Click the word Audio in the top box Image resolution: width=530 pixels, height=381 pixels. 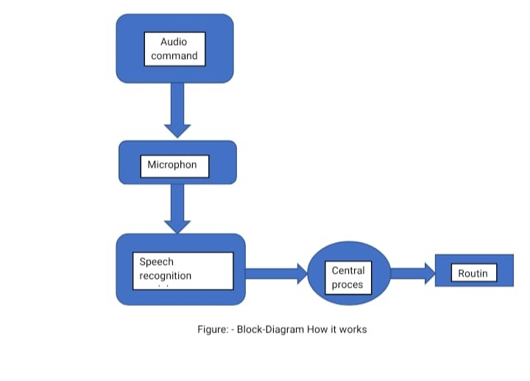point(174,42)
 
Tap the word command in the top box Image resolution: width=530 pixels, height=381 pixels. point(174,56)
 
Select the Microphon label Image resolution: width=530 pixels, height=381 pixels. point(172,165)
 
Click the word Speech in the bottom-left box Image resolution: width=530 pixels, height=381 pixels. point(157,261)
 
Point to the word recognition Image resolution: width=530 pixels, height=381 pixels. point(166,276)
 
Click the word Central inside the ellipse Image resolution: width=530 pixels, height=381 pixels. point(347,270)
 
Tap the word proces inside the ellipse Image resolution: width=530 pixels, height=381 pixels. point(347,285)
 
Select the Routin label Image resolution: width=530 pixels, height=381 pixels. point(473,274)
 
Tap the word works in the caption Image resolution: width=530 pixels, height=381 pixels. point(352,329)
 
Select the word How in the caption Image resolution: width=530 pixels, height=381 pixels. point(317,329)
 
